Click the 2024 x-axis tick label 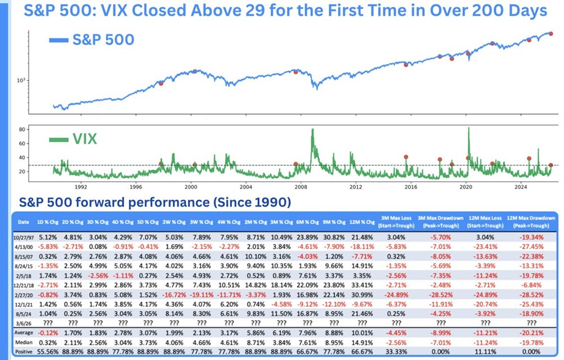point(521,186)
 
